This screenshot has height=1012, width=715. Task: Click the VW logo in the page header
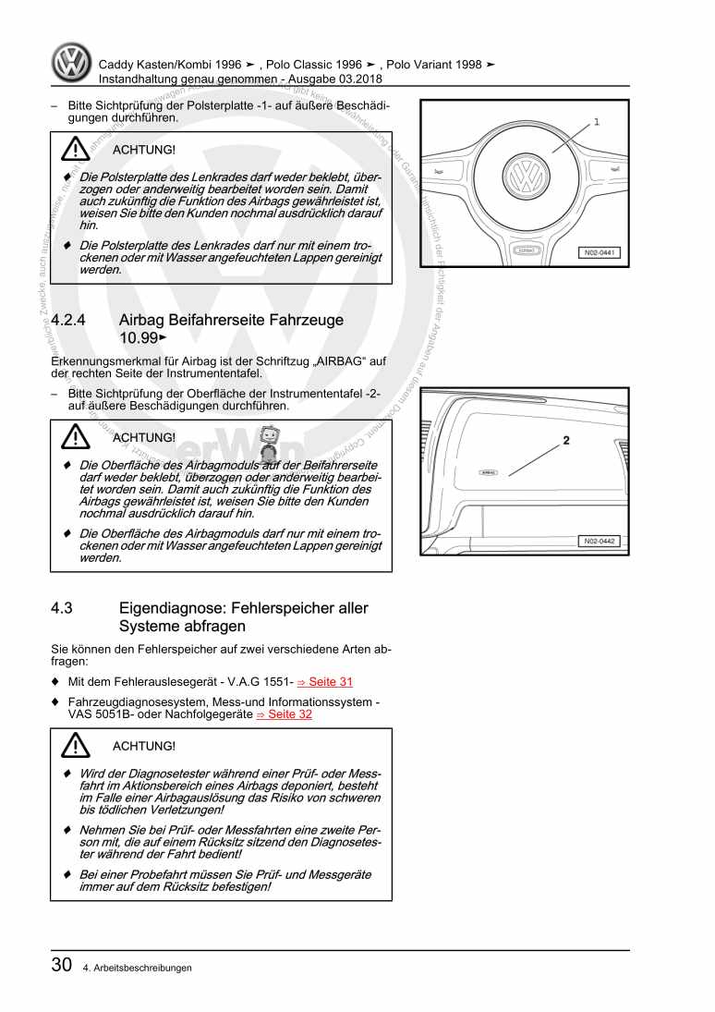tap(70, 64)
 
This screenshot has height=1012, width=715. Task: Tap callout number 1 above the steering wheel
tap(596, 122)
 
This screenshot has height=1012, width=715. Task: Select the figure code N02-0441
tap(600, 252)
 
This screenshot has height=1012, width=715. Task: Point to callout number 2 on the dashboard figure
tap(566, 441)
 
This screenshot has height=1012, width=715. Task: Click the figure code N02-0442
tap(600, 541)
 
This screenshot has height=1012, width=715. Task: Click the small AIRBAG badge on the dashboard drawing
tap(489, 471)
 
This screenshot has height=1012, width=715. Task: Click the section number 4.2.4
tap(69, 321)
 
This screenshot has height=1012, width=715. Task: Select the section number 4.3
tap(62, 608)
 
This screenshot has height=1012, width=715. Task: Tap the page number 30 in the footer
tap(62, 966)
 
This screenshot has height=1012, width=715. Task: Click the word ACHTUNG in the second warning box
tap(143, 437)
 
